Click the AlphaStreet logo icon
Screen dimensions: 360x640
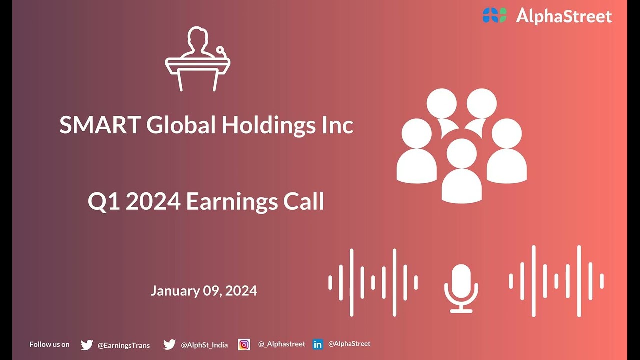pos(494,15)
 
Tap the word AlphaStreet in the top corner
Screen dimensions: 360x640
pos(564,16)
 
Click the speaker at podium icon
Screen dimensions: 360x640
pos(198,59)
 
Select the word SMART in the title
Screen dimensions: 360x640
pos(99,125)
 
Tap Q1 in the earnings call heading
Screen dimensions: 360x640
pos(103,202)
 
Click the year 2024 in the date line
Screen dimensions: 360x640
pos(241,291)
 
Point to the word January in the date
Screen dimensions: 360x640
pos(175,291)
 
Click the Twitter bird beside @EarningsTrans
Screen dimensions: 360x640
pos(87,345)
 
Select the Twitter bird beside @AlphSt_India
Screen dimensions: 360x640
pos(169,345)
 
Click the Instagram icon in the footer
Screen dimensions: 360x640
pos(244,344)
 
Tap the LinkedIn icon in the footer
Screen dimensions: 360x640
pos(318,344)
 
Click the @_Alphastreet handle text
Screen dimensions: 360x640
pos(281,344)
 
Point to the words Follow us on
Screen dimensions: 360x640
pos(49,344)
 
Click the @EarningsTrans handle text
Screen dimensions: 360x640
pos(123,345)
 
